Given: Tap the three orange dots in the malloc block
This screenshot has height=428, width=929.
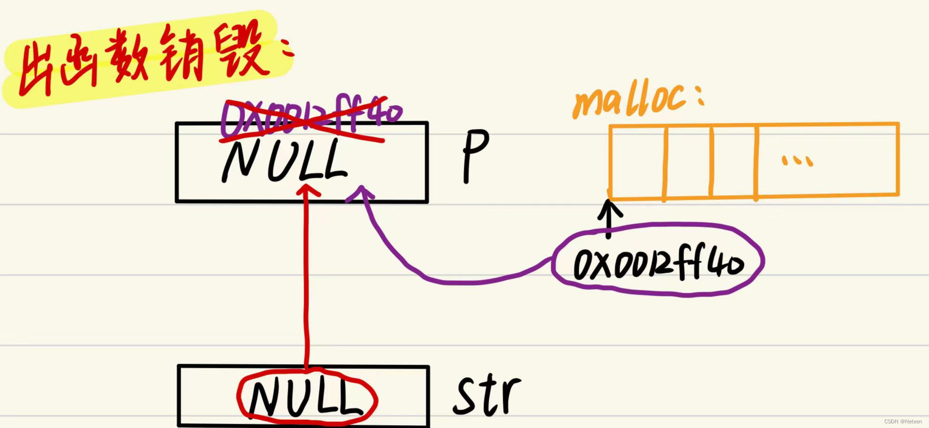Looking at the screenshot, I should (797, 161).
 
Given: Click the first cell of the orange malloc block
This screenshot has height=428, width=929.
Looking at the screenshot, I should (637, 162).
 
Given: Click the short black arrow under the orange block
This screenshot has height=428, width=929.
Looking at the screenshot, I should (609, 218).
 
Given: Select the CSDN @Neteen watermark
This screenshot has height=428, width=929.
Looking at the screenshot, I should (903, 421).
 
